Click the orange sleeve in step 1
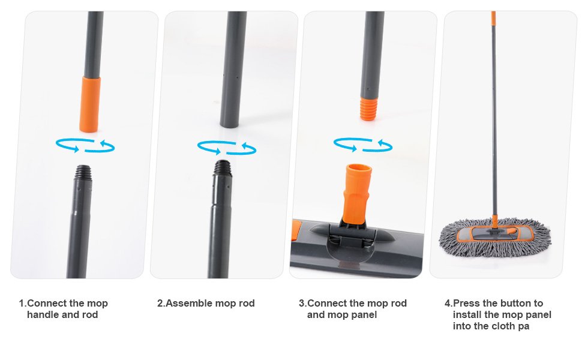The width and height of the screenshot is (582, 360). tap(90, 104)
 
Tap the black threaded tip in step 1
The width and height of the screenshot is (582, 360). tap(83, 172)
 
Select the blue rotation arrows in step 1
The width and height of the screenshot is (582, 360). tap(85, 145)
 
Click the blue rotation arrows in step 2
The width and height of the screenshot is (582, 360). tap(226, 148)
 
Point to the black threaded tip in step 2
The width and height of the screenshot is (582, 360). tap(223, 167)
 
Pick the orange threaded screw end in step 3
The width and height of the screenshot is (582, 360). tap(369, 109)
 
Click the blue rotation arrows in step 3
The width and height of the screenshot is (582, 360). tap(362, 145)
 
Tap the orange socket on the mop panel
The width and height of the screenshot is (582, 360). tap(356, 194)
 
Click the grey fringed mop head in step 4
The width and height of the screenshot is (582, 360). tap(495, 238)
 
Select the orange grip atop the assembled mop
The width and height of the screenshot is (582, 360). tap(493, 18)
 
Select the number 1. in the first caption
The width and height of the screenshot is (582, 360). tap(23, 303)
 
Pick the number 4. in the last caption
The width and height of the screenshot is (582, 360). tap(449, 303)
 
